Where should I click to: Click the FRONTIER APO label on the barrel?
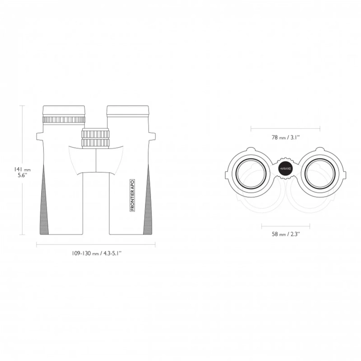(x=132, y=195)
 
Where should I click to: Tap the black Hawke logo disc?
(x=286, y=169)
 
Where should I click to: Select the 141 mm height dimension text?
(x=22, y=172)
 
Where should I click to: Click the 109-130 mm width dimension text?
(x=96, y=253)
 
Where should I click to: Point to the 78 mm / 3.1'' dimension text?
(x=286, y=137)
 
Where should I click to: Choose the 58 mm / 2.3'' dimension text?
(x=286, y=234)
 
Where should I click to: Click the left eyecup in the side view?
(x=64, y=111)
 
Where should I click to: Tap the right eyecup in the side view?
(x=128, y=111)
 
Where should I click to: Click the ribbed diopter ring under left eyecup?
(x=64, y=120)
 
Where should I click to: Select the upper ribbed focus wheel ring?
(x=95, y=134)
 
